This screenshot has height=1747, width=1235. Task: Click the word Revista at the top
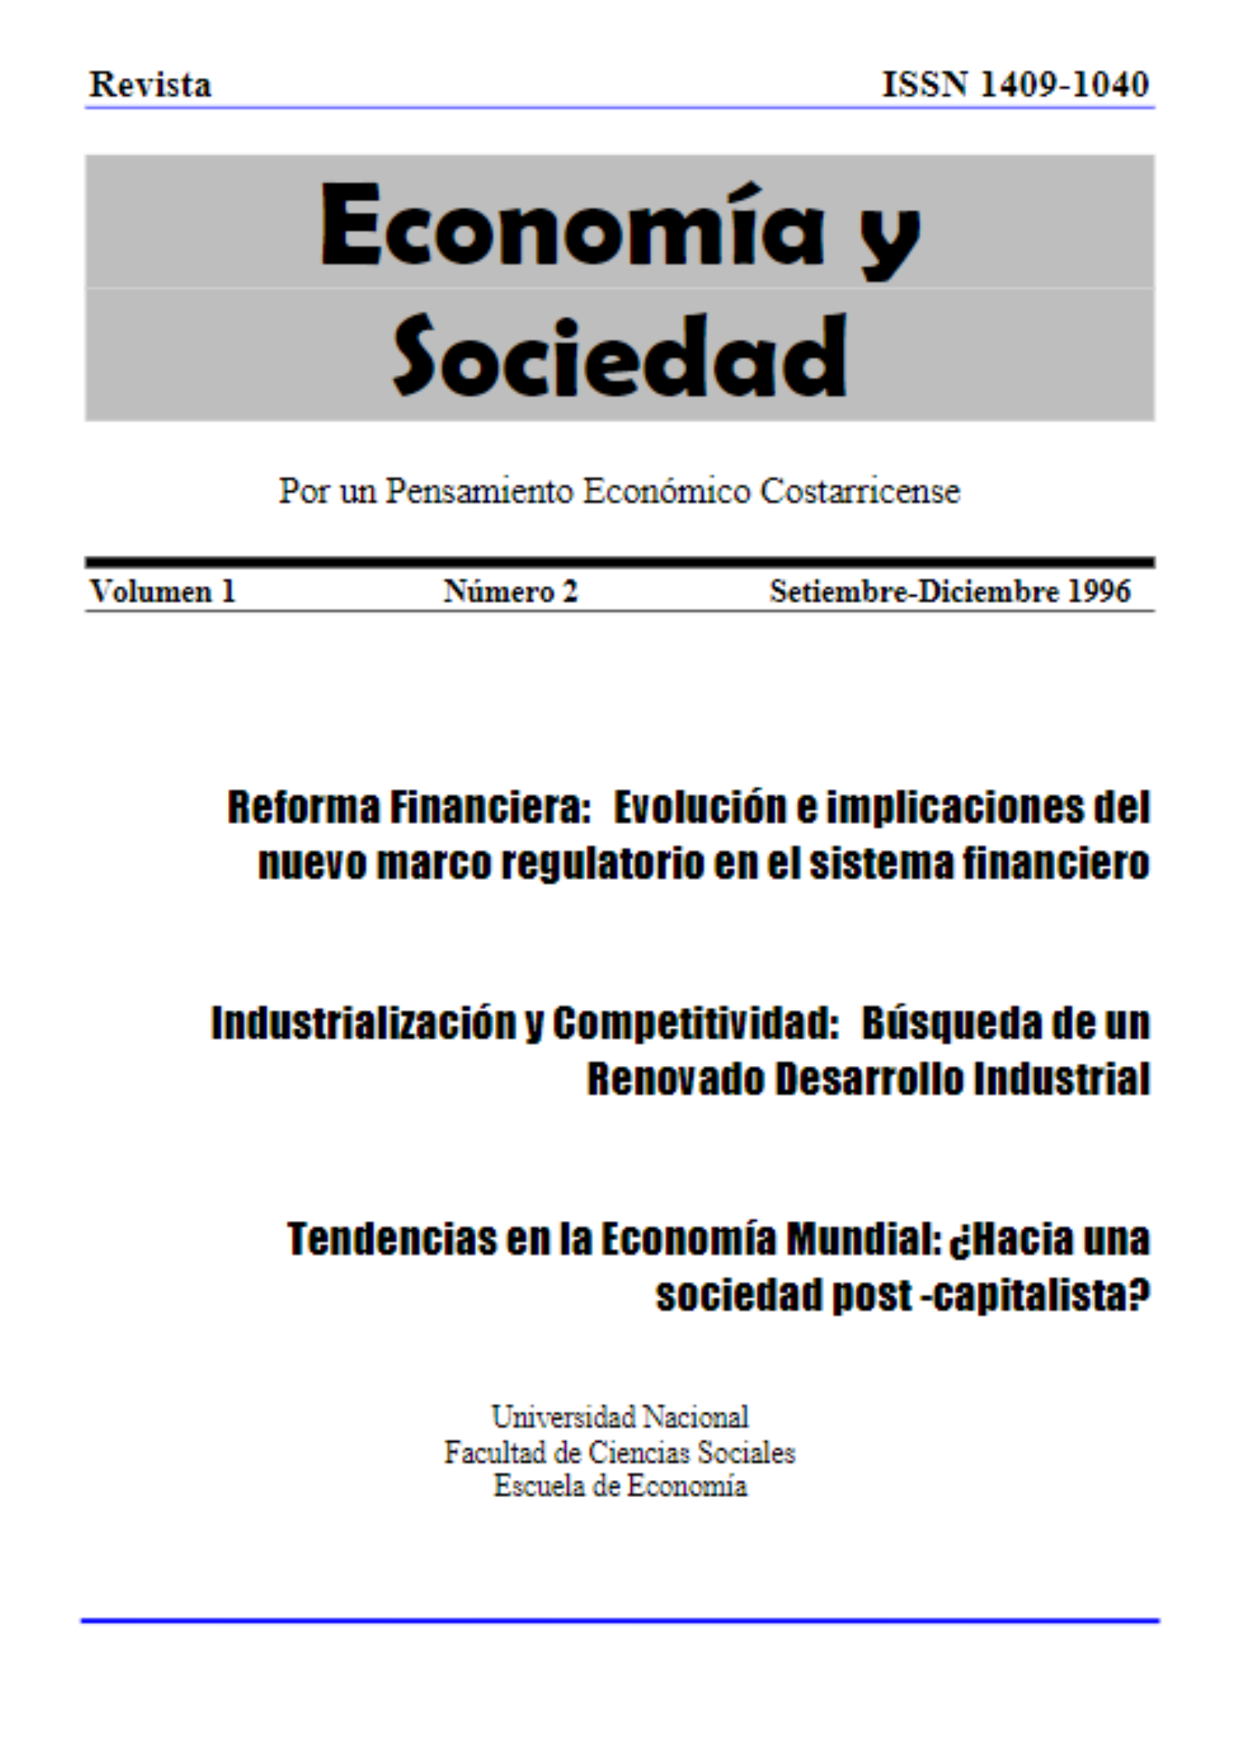[x=150, y=84]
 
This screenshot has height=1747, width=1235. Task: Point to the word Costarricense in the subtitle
[x=860, y=491]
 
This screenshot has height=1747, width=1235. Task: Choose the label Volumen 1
[x=162, y=591]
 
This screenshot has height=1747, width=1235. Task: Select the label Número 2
[x=510, y=591]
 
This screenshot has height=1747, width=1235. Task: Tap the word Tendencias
[x=391, y=1239]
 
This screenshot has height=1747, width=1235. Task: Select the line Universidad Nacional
[x=620, y=1417]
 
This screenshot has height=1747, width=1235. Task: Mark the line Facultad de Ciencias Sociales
[x=620, y=1452]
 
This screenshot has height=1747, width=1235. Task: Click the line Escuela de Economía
[x=620, y=1486]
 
